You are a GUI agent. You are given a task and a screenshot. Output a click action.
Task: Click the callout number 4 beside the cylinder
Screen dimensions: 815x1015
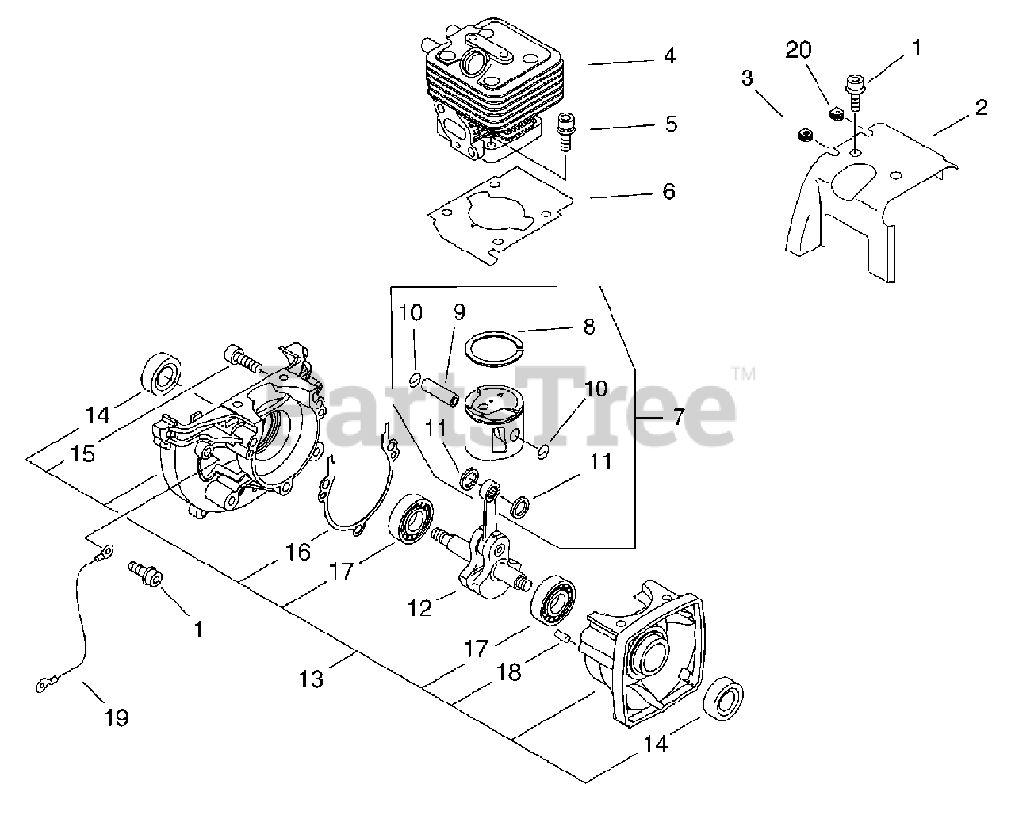(670, 56)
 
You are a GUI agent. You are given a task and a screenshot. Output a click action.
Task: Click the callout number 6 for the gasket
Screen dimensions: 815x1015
(668, 192)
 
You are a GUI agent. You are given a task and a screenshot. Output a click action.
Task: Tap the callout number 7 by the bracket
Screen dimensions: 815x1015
(678, 417)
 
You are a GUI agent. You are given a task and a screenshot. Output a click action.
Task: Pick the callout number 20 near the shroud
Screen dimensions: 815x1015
(799, 51)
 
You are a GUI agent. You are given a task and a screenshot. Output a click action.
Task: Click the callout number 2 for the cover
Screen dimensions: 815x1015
(981, 108)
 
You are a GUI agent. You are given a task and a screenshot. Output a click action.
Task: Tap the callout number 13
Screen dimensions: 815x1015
(311, 679)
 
